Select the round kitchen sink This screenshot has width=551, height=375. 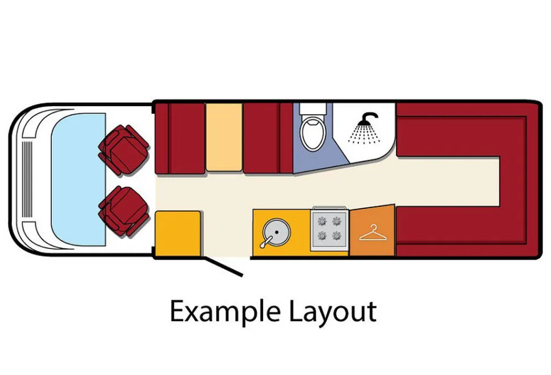click(x=277, y=232)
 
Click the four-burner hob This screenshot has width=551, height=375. click(x=329, y=228)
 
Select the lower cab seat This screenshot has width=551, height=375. click(x=124, y=211)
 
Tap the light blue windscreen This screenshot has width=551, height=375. click(x=78, y=179)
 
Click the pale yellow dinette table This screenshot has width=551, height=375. click(x=224, y=137)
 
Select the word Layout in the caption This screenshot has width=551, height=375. click(x=333, y=312)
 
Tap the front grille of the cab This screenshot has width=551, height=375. click(x=27, y=180)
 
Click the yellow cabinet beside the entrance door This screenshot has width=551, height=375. click(x=178, y=234)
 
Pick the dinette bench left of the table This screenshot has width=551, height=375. click(x=180, y=138)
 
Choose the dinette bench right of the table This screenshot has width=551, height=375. click(x=268, y=138)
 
